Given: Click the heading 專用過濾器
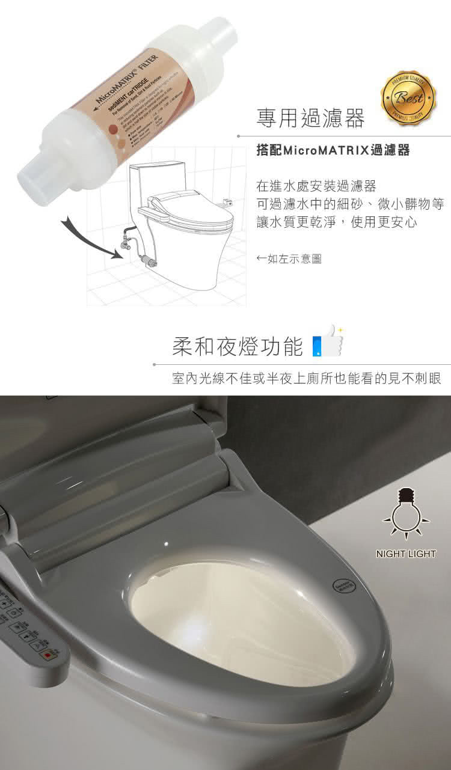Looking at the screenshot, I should coord(310,118).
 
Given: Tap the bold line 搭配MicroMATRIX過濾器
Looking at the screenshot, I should coord(333,150).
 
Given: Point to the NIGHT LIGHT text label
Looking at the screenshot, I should coord(406,554).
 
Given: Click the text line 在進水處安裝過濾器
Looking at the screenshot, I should coord(316,186).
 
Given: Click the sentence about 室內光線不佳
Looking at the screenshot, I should coord(306,379).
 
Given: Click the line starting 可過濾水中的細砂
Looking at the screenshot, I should coord(350,204).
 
